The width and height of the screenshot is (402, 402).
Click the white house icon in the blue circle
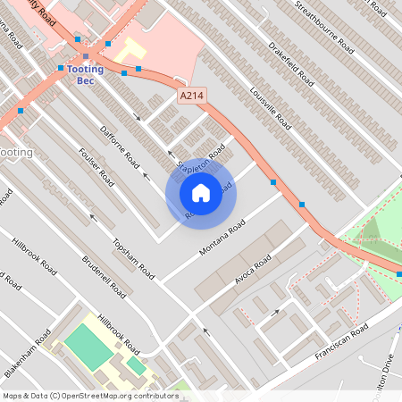201,192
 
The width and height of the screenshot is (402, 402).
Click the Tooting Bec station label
86,75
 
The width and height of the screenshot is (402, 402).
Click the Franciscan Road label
341,343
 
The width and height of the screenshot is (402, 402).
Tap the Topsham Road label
128,255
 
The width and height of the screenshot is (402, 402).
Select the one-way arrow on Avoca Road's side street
275,313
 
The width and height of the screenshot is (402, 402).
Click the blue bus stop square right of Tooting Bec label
138,69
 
